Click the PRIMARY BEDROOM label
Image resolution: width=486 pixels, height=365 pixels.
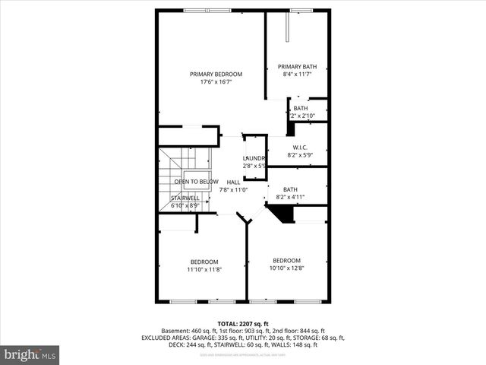pyautogui.click(x=216, y=74)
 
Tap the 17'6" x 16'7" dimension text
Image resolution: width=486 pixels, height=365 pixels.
pyautogui.click(x=216, y=82)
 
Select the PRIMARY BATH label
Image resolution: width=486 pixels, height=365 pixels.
pyautogui.click(x=296, y=66)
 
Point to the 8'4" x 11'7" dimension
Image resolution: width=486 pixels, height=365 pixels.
pyautogui.click(x=296, y=75)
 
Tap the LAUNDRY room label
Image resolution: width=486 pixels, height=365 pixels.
pyautogui.click(x=254, y=158)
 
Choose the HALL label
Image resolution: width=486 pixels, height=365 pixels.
pyautogui.click(x=233, y=182)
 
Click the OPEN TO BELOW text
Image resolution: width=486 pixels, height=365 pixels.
pyautogui.click(x=196, y=182)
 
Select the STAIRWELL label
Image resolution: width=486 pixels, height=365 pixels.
pyautogui.click(x=185, y=197)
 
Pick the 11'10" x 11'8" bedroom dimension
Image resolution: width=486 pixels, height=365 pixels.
pyautogui.click(x=204, y=269)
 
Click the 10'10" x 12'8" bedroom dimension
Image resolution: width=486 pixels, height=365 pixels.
pyautogui.click(x=287, y=268)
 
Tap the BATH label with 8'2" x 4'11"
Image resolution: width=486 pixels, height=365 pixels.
pyautogui.click(x=290, y=189)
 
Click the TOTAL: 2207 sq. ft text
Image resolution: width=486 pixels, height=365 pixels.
pyautogui.click(x=243, y=323)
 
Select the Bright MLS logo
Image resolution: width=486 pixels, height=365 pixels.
pyautogui.click(x=30, y=354)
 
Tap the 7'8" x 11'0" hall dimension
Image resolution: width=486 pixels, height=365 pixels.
pyautogui.click(x=233, y=190)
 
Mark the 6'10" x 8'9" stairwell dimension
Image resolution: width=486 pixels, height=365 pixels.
pyautogui.click(x=185, y=205)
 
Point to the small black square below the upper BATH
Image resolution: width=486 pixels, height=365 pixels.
pyautogui.click(x=290, y=129)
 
